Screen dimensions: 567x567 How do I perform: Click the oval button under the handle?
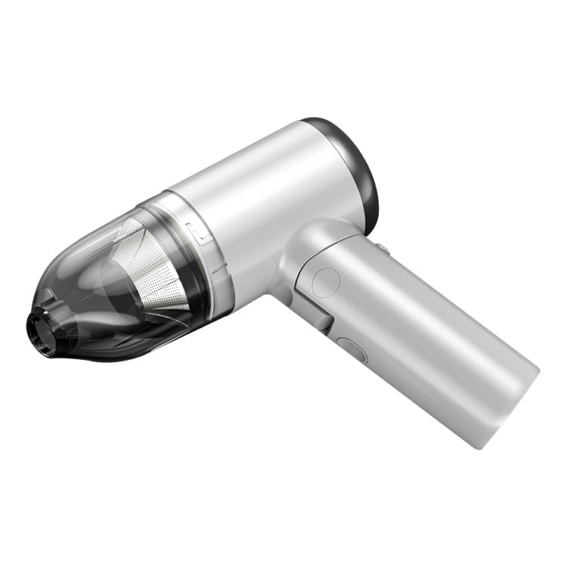(x=351, y=351)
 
